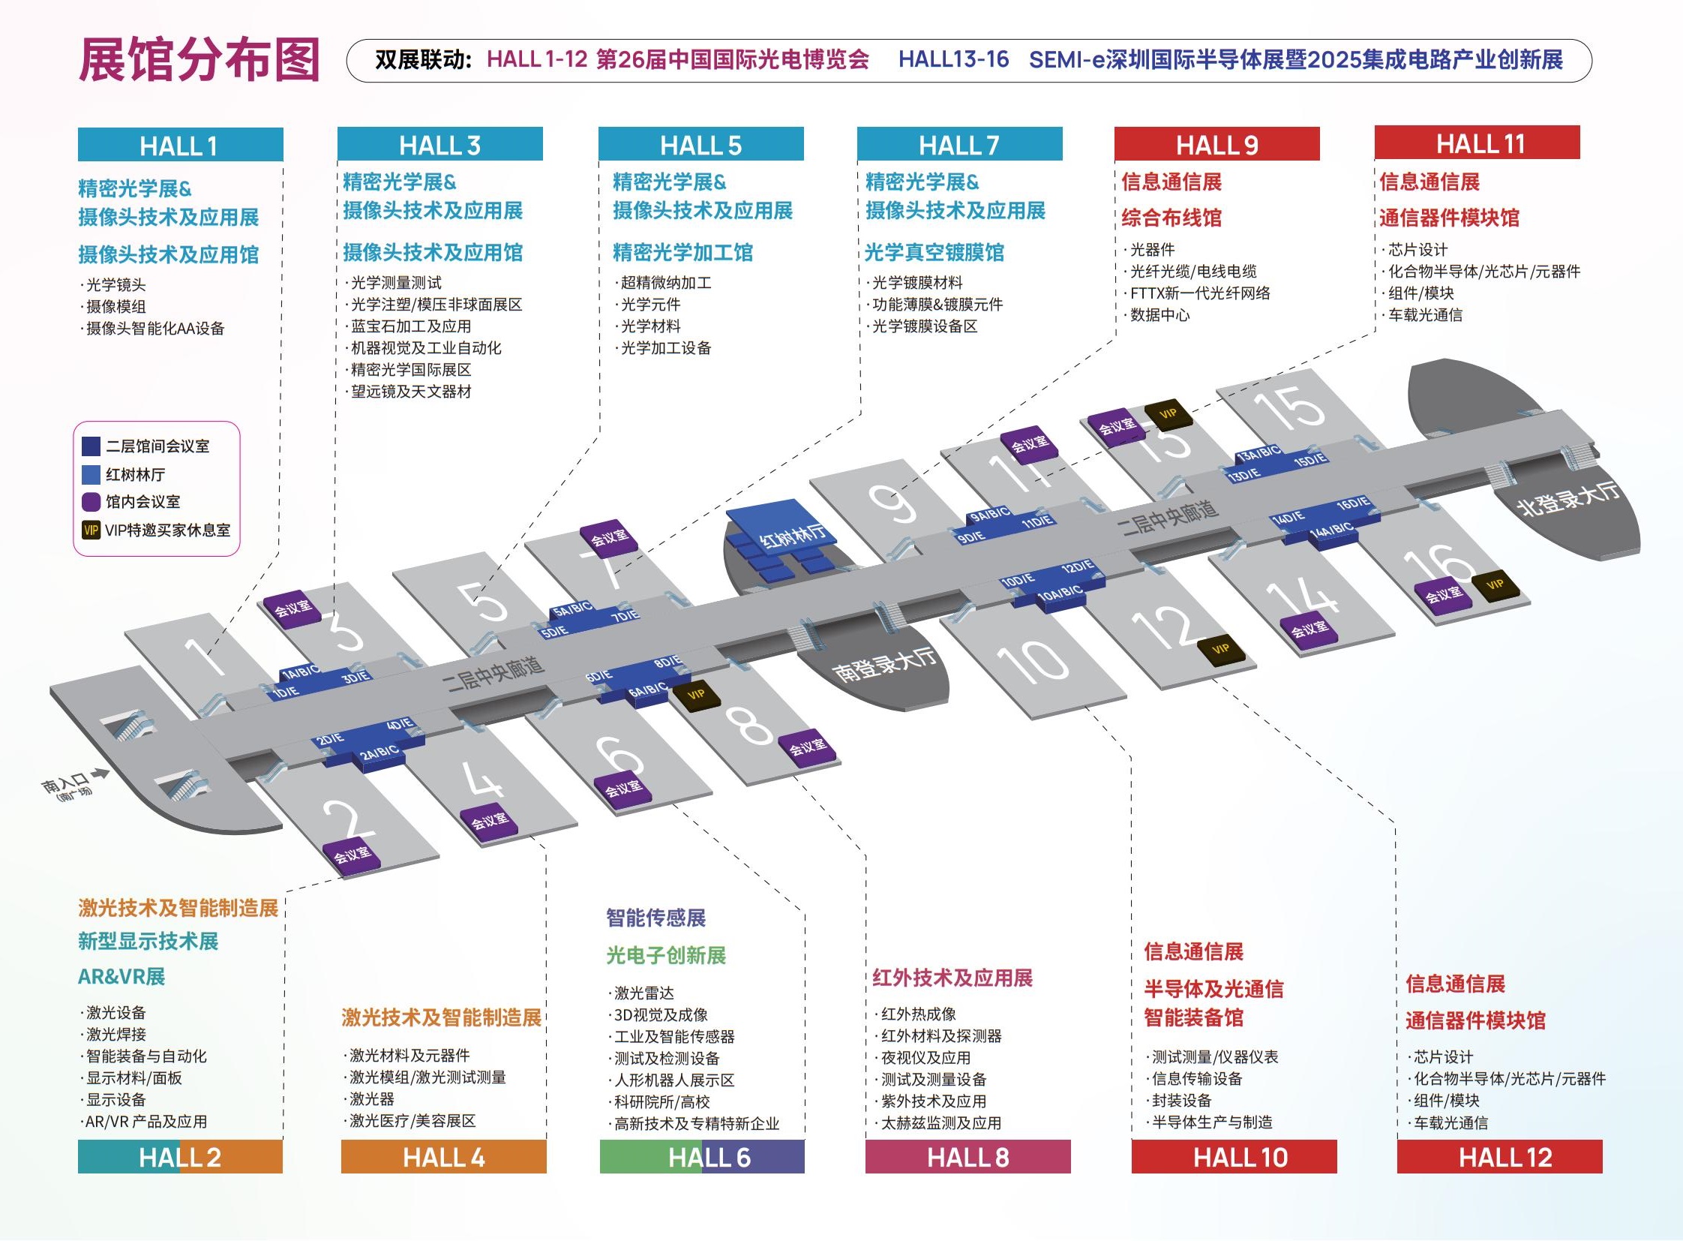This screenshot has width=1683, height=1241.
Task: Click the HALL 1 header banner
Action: click(180, 145)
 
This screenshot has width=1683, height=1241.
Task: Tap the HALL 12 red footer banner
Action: click(1499, 1157)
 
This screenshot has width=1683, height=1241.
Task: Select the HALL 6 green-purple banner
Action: click(701, 1157)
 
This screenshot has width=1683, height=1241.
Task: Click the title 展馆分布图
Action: click(199, 60)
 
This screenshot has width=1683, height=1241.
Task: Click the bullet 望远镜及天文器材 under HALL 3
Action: click(410, 392)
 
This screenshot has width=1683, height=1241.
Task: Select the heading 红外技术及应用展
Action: click(952, 978)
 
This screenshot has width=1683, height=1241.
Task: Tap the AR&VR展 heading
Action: click(121, 977)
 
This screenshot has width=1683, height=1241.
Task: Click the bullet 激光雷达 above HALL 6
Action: click(643, 993)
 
